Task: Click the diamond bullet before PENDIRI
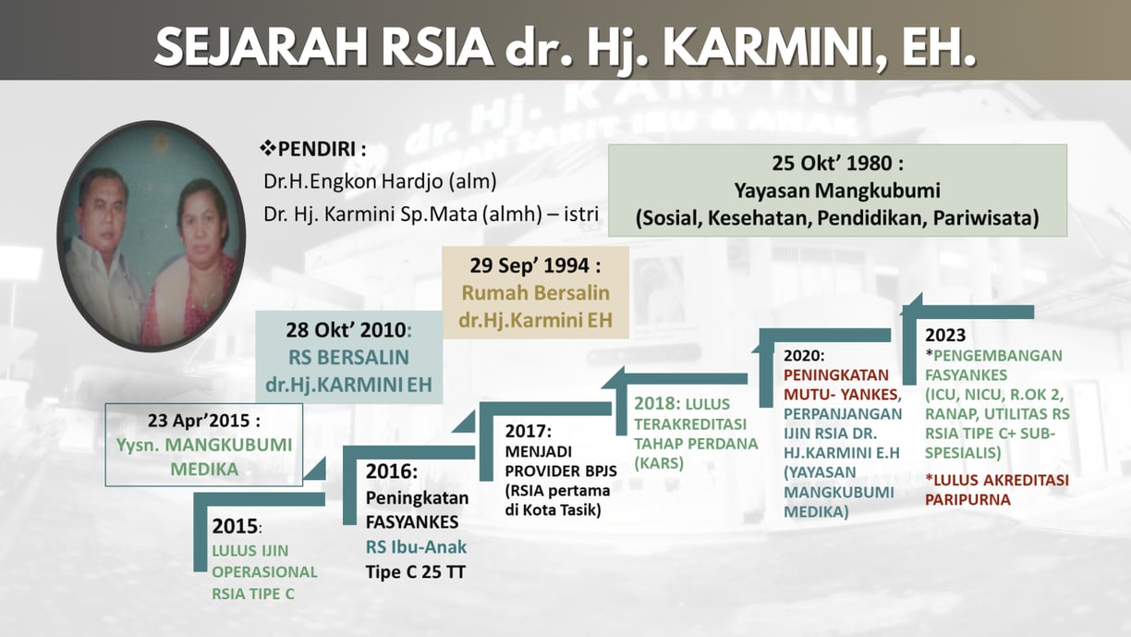pyautogui.click(x=268, y=149)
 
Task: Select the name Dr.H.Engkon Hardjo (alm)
pyautogui.click(x=380, y=181)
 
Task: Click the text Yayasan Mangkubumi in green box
pyautogui.click(x=836, y=190)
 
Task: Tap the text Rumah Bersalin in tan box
pyautogui.click(x=536, y=292)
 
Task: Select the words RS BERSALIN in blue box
pyautogui.click(x=348, y=357)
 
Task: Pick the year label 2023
pyautogui.click(x=945, y=335)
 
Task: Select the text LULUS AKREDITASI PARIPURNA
pyautogui.click(x=997, y=489)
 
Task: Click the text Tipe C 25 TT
pyautogui.click(x=416, y=572)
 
